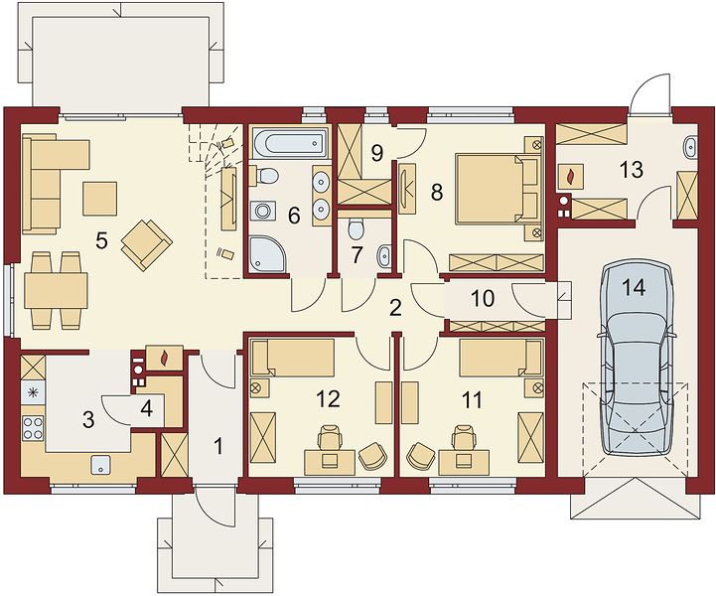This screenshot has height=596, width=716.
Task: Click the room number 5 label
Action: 101,240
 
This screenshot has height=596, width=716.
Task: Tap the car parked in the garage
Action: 637,358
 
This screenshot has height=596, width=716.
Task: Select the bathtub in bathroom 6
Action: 290,142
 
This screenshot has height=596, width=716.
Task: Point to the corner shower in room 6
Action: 268,252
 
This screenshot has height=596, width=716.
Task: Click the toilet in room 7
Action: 355,228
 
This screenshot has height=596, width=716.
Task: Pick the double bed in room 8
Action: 497,189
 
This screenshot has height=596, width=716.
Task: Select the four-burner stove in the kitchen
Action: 33,428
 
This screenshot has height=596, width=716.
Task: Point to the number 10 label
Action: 483,298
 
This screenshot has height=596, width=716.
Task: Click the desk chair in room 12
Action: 330,439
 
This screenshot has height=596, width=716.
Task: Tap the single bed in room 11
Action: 501,358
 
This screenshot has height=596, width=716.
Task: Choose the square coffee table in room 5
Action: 100,199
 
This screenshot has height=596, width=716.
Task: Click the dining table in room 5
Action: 56,290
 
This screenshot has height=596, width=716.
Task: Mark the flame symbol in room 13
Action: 571,176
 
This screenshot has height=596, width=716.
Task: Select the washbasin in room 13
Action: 690,147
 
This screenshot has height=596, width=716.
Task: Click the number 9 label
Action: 376,153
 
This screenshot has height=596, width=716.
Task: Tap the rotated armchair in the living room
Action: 147,244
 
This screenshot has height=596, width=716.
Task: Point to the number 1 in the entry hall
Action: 218,446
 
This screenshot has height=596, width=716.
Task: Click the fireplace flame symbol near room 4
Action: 164,359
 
